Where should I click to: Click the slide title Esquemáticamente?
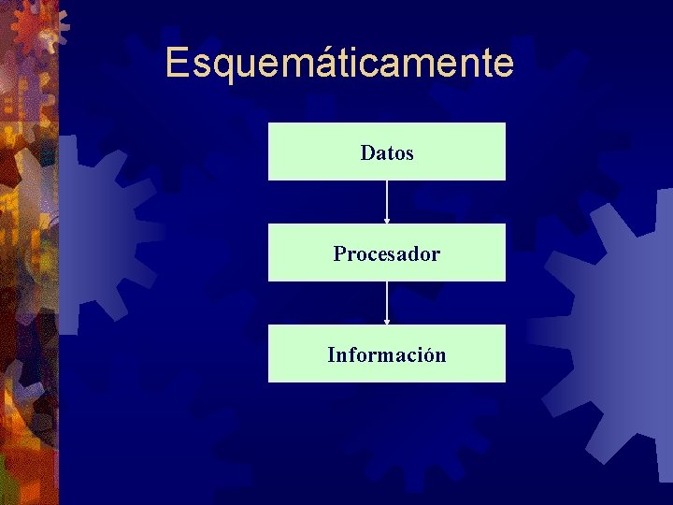339,64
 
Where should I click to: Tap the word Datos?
387,152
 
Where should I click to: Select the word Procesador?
387,253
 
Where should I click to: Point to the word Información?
387,355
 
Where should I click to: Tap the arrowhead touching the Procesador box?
387,221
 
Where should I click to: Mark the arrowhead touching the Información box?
387,322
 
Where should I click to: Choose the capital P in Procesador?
339,253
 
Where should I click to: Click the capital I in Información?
331,355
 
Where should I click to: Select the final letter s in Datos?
409,153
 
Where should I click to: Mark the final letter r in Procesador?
437,254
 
